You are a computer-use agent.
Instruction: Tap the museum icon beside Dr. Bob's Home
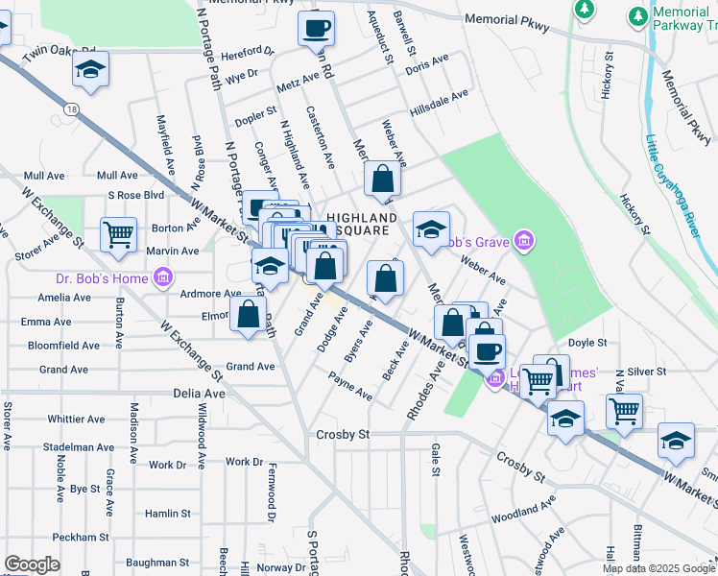163,278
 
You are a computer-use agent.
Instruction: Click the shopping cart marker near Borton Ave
117,234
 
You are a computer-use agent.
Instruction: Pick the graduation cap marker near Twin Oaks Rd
91,69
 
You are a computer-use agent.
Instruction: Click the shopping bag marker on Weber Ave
382,179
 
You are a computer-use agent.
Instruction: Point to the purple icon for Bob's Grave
524,239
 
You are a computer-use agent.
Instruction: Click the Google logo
32,564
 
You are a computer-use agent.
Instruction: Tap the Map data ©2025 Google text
658,568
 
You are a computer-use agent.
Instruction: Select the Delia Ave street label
199,394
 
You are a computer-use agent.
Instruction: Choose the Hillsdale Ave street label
439,95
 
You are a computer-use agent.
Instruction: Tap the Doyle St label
587,342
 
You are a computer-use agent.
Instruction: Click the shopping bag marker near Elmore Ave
248,313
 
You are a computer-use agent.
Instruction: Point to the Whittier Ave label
76,419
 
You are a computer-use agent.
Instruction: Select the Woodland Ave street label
524,510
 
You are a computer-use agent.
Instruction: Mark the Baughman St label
157,563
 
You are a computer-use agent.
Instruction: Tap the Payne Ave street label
350,388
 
